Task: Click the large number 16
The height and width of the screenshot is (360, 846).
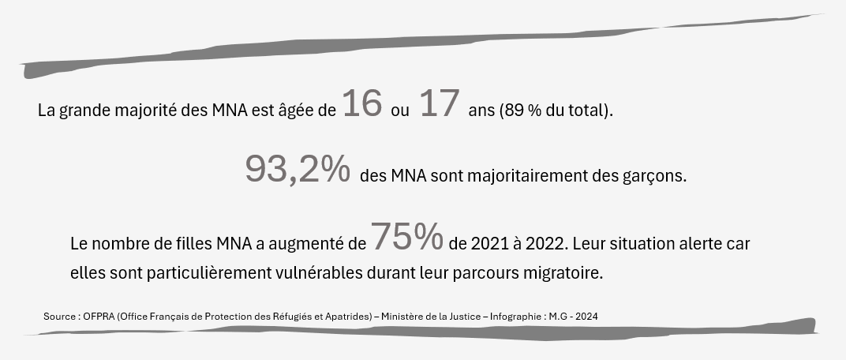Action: tap(362, 104)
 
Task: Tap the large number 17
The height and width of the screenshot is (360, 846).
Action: tap(439, 104)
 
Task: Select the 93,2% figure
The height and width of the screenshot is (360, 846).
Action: tap(298, 170)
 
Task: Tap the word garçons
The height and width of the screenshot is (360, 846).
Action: tap(654, 176)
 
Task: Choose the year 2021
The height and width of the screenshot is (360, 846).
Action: tap(487, 244)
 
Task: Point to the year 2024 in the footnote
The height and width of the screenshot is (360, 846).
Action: tap(586, 317)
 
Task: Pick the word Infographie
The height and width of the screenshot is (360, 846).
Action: tap(515, 317)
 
